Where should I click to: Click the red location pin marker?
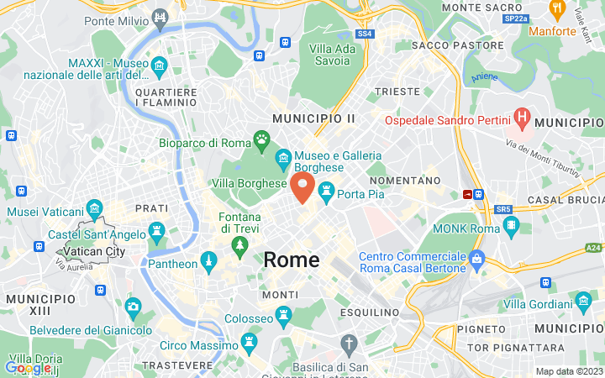pos(303,187)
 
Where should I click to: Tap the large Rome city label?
pos(292,260)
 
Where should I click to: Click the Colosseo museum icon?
pos(283,318)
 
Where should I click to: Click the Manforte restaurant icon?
pos(555,9)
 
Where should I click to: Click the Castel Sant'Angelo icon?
pos(156,229)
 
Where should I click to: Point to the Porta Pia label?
pos(361,194)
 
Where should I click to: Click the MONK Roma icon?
pos(511,226)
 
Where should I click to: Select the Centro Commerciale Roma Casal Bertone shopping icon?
pos(477,257)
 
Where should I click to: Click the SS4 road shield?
pos(364,34)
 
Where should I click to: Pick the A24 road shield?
pos(594,248)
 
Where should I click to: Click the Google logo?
pos(28,367)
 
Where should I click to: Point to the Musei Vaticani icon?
pos(94,207)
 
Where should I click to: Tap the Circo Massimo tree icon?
pos(249,340)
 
